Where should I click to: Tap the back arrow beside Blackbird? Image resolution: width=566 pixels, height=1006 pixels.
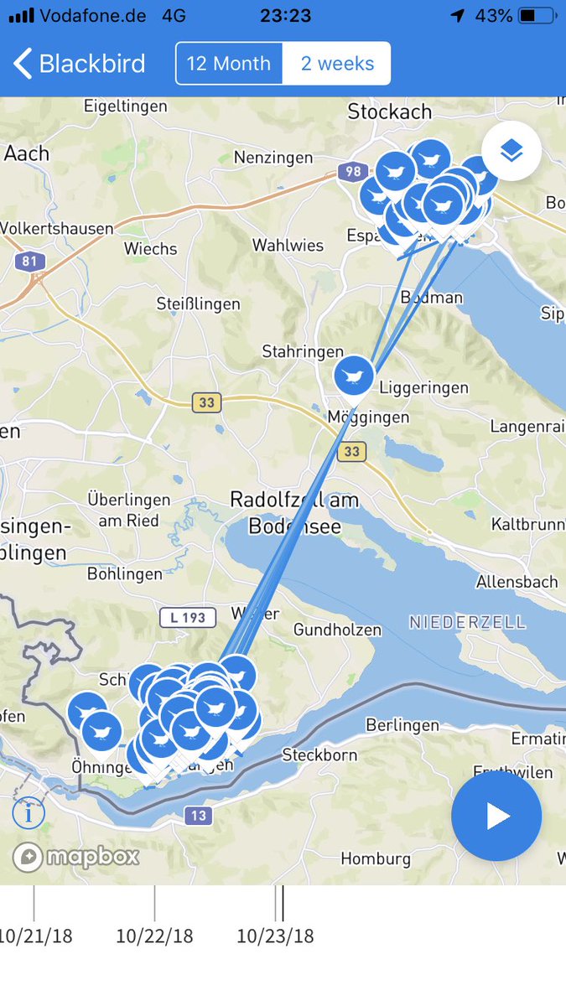23,64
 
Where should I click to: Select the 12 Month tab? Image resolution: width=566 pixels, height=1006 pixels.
228,64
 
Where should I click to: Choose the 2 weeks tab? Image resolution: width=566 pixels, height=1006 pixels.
337,64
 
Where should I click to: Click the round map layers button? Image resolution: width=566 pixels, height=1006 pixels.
511,151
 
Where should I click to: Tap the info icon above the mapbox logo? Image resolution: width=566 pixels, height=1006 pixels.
29,812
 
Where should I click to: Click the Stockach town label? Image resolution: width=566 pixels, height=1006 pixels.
390,111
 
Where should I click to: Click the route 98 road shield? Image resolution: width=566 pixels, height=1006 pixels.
352,172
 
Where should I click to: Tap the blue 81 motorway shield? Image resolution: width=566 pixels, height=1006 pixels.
30,261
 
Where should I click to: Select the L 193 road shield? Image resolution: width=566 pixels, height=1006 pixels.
188,618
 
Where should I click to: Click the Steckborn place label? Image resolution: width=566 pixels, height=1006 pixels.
319,754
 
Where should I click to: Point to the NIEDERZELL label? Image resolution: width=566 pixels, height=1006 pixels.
468,622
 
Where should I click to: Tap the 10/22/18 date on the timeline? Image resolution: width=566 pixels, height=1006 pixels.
154,936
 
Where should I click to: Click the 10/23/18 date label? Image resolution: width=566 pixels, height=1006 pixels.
275,936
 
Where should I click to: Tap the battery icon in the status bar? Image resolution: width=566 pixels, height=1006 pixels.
537,16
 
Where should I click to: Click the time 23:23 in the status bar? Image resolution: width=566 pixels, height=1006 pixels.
286,16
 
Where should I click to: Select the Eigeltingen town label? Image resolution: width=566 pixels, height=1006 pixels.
126,106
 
